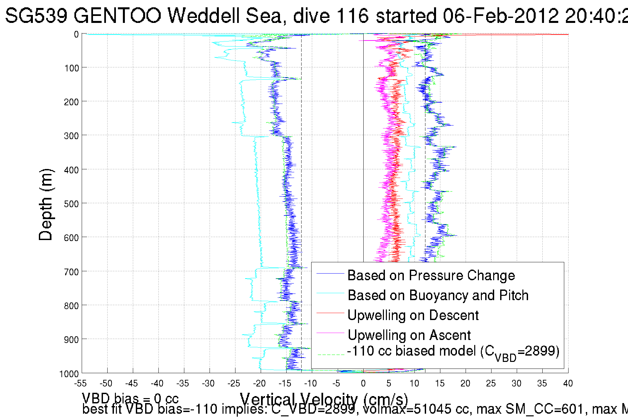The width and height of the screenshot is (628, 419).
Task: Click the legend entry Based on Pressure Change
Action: [x=431, y=275]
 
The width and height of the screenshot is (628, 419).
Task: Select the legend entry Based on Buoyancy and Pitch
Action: [x=438, y=295]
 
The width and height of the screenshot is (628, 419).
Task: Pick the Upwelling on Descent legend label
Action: [x=413, y=315]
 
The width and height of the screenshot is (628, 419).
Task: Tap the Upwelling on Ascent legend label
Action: [x=409, y=335]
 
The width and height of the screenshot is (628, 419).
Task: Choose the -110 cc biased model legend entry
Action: [x=453, y=352]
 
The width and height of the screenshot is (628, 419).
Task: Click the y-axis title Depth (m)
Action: [x=45, y=205]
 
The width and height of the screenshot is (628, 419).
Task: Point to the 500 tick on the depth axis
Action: [x=71, y=204]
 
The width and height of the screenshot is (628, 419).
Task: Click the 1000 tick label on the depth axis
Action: [x=69, y=374]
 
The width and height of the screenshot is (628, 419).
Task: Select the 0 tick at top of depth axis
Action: [x=76, y=34]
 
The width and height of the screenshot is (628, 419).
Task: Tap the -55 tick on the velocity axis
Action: [x=80, y=383]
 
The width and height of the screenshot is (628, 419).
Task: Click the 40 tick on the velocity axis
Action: [x=568, y=383]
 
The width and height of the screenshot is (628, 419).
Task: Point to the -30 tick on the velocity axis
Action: [x=208, y=383]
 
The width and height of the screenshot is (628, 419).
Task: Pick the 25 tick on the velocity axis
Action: [x=491, y=383]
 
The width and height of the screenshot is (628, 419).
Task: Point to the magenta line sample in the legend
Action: [x=330, y=333]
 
